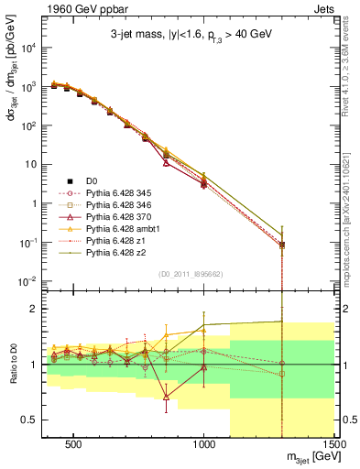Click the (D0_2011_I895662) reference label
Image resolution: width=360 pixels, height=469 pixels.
click(x=190, y=274)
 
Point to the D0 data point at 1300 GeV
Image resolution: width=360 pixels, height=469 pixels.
click(x=282, y=245)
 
